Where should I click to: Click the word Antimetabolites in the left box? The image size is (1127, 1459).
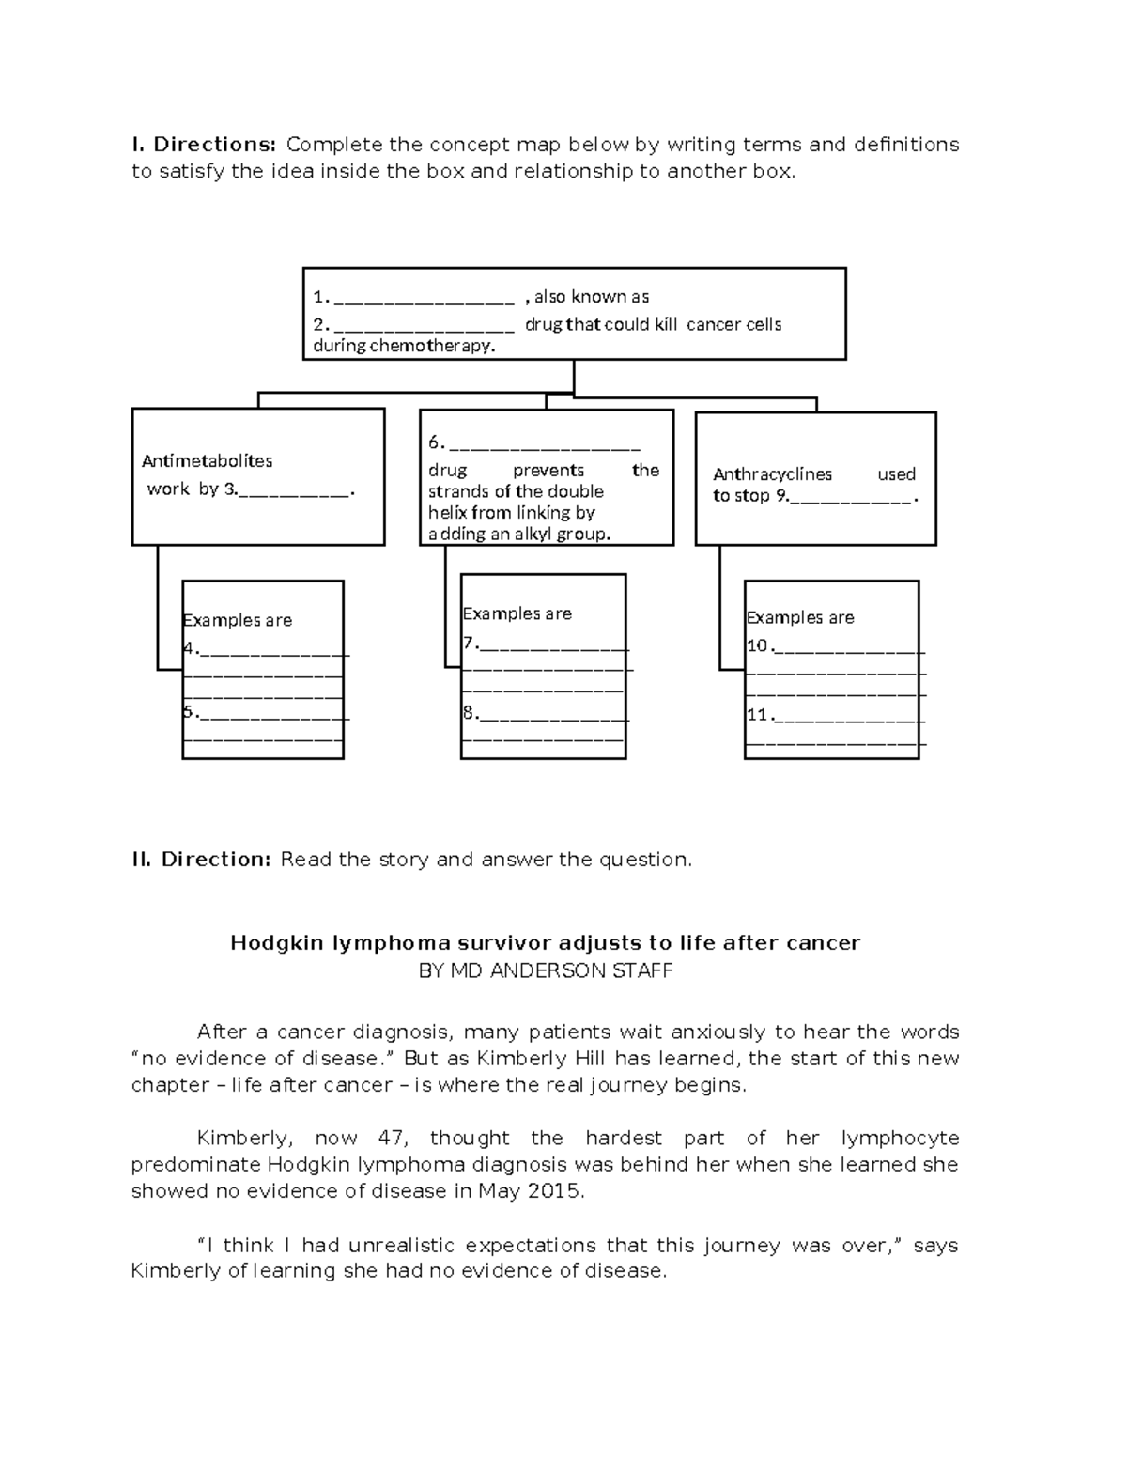pos(207,461)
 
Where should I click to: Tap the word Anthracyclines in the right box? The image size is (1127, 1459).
pos(772,474)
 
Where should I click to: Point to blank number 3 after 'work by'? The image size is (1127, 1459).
pos(296,490)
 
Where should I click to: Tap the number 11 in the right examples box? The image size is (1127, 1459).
pos(757,715)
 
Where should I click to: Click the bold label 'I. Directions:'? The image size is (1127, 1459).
pos(204,145)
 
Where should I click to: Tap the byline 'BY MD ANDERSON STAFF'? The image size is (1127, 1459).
pos(545,971)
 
